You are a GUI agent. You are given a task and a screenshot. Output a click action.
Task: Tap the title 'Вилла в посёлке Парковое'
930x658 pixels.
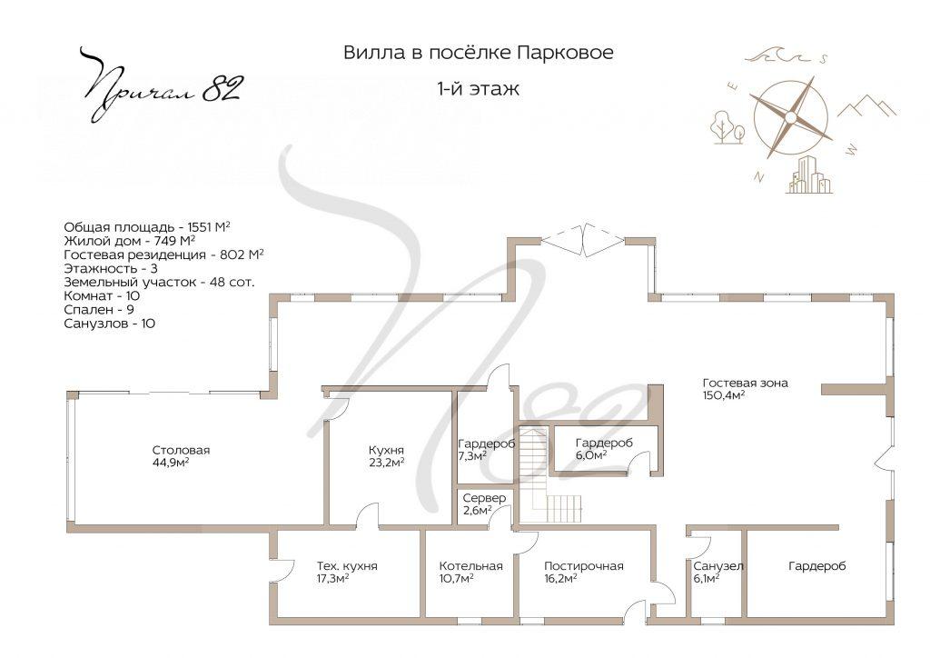pos(478,53)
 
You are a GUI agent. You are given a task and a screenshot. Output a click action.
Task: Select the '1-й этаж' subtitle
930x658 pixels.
pos(478,89)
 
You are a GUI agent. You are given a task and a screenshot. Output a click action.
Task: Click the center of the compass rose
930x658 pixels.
pos(790,116)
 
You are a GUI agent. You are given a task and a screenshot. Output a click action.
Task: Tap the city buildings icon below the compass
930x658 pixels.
pos(808,175)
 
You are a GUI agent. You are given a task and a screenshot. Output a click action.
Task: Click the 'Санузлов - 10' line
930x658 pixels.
pos(109,323)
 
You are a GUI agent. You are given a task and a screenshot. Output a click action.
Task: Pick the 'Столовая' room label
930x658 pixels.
pos(181,450)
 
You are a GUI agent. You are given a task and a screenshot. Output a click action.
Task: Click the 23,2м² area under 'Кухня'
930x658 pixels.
pos(386,462)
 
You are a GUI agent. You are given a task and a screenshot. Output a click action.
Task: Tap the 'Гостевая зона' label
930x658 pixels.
pos(745,383)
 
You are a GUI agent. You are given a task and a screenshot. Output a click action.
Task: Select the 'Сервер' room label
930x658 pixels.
pos(484,498)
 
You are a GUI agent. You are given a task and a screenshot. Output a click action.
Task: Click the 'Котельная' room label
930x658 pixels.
pos(470,565)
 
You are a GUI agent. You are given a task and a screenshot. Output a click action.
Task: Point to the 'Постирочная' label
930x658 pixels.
pos(584,565)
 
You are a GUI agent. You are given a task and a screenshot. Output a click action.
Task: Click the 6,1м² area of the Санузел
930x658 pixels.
pos(706,577)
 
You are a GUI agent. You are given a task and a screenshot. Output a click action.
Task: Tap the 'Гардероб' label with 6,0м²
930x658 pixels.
pos(604,443)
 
